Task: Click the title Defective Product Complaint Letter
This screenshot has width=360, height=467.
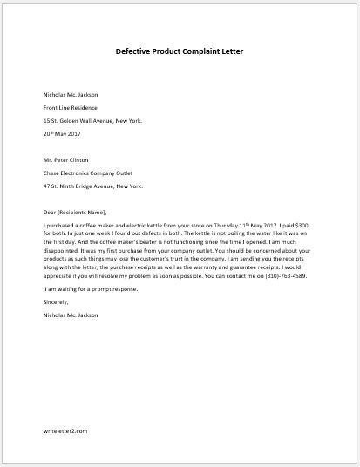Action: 179,50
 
